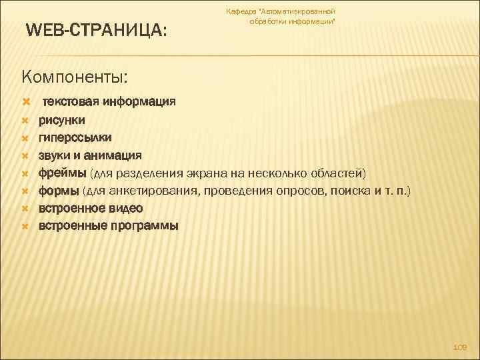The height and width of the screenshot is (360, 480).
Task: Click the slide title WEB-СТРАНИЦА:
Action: click(x=96, y=31)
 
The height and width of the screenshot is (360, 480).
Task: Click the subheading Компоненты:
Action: click(x=74, y=77)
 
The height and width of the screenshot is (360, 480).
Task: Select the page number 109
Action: click(x=460, y=347)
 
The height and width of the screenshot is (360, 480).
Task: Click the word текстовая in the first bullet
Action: click(x=71, y=102)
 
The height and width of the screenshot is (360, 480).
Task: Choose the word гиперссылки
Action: click(x=75, y=137)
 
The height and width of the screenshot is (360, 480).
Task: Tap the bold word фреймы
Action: click(x=61, y=173)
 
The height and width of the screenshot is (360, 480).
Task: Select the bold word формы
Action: click(x=59, y=191)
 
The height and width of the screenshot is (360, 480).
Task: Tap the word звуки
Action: click(x=55, y=155)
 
